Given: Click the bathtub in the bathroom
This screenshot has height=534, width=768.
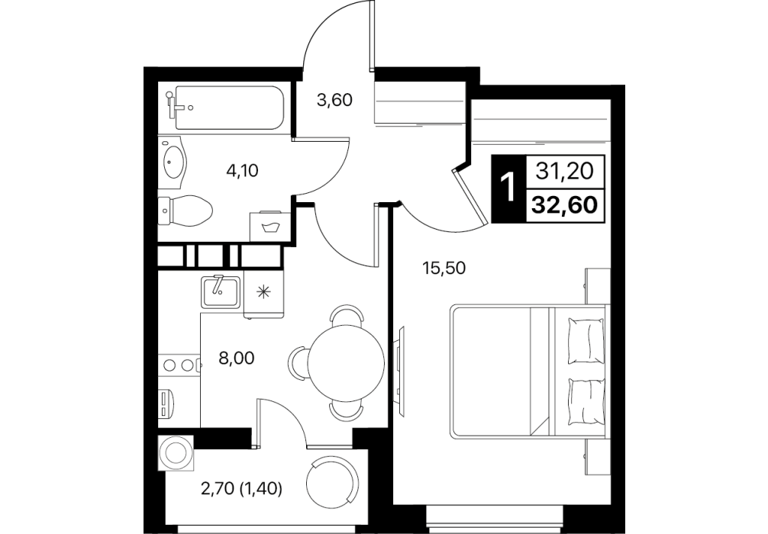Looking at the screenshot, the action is pyautogui.click(x=228, y=108).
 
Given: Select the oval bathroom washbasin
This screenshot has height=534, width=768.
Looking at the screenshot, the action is pyautogui.click(x=173, y=161).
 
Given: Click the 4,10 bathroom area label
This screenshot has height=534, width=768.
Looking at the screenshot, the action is pyautogui.click(x=242, y=171).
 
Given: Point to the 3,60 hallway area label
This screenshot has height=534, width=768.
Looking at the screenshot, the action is pyautogui.click(x=334, y=100).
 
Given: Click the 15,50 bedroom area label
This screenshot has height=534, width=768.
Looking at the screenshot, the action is pyautogui.click(x=444, y=268).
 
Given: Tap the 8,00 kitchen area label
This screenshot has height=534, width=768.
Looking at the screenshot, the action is pyautogui.click(x=237, y=359).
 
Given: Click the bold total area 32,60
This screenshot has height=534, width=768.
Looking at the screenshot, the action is pyautogui.click(x=565, y=204).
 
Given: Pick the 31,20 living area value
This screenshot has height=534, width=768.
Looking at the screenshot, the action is pyautogui.click(x=565, y=171).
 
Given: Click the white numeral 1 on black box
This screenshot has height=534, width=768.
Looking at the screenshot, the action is pyautogui.click(x=508, y=188).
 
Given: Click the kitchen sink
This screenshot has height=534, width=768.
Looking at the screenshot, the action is pyautogui.click(x=221, y=291).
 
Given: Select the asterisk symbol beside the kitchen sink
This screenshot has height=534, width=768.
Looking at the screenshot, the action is pyautogui.click(x=263, y=292).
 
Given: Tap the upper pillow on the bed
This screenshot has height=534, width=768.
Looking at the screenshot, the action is pyautogui.click(x=585, y=341).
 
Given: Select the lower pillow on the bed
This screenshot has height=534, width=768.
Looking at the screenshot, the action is pyautogui.click(x=585, y=401).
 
